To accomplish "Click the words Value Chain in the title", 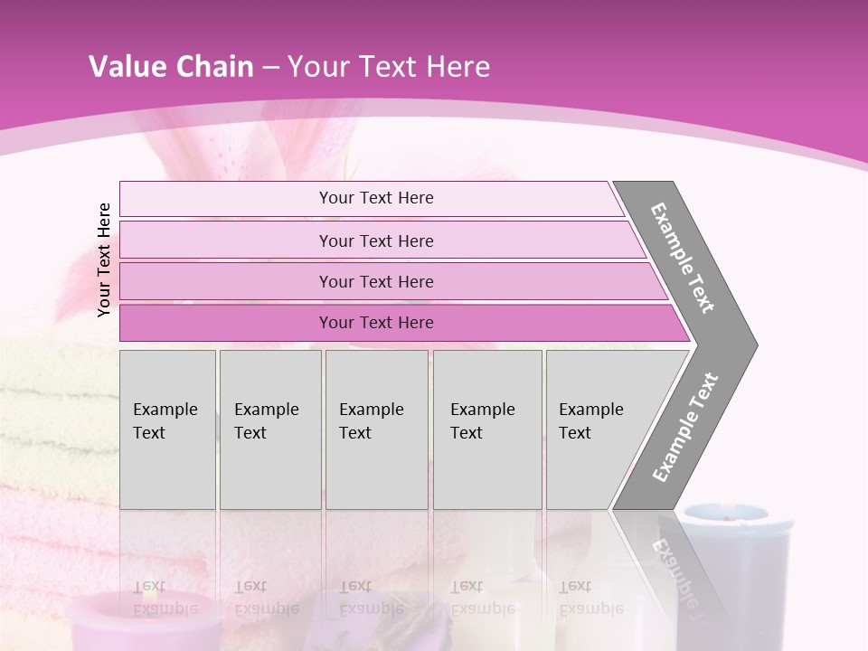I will coord(171,67).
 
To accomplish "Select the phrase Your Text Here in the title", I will coord(389,67).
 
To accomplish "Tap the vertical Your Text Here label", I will coord(104,259).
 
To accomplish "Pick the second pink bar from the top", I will coord(375,241).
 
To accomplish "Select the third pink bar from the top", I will coord(375,281).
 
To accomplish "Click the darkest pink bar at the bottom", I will coord(375,323).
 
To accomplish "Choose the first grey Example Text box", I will coord(167,429).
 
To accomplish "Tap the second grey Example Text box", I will coord(269,429).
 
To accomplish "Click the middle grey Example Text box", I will coord(376,429).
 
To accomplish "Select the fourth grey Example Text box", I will coord(486,429).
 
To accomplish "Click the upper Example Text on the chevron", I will coord(683,258).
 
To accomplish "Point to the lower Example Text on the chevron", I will coord(685,428).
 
